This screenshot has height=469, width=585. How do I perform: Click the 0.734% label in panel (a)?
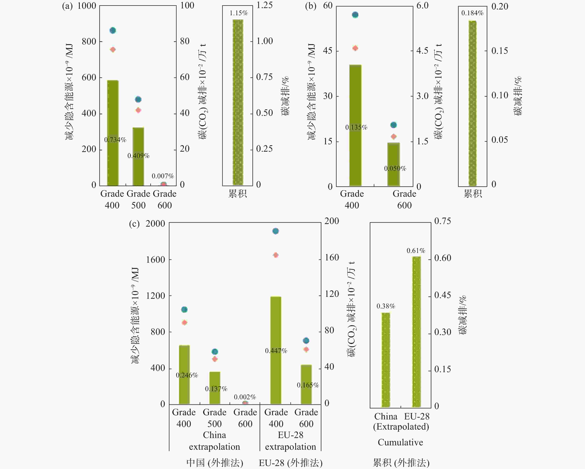pyautogui.click(x=115, y=140)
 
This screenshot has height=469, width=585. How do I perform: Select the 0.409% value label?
pyautogui.click(x=138, y=156)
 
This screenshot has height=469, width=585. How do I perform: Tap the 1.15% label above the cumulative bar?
pyautogui.click(x=238, y=13)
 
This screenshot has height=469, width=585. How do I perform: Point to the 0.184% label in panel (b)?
pyautogui.click(x=472, y=13)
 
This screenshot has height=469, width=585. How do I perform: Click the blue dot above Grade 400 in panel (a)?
pyautogui.click(x=113, y=30)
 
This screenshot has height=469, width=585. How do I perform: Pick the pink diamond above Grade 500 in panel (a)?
pyautogui.click(x=138, y=110)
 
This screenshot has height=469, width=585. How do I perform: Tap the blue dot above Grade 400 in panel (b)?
pyautogui.click(x=355, y=15)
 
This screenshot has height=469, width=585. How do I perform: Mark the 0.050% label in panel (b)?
pyautogui.click(x=395, y=168)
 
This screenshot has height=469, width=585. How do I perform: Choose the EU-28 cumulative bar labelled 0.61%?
pyautogui.click(x=416, y=332)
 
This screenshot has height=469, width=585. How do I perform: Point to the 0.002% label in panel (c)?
pyautogui.click(x=245, y=397)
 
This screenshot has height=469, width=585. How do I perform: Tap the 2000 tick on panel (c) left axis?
pyautogui.click(x=155, y=224)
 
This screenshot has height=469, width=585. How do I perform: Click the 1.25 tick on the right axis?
pyautogui.click(x=264, y=5)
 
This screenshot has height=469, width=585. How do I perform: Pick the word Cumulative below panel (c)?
pyautogui.click(x=400, y=442)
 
